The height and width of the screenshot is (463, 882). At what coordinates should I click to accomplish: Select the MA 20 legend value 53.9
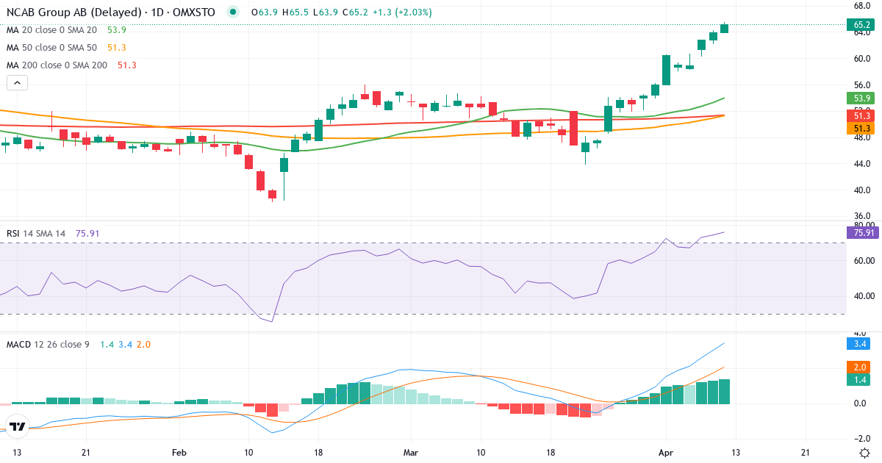point(117,30)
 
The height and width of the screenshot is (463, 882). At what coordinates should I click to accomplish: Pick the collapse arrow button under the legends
point(17,83)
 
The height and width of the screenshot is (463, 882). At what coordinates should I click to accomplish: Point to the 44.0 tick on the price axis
point(862,163)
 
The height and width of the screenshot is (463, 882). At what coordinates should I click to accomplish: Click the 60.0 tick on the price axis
point(862,59)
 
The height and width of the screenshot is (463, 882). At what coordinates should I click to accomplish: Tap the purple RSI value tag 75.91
point(861,233)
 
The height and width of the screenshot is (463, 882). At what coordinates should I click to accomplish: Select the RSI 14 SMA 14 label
point(36,234)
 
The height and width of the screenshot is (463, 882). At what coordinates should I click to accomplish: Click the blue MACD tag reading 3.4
point(858,343)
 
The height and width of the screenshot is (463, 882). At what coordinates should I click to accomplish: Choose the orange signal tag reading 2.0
point(858,367)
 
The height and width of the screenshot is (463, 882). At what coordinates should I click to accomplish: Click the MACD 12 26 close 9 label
point(48,344)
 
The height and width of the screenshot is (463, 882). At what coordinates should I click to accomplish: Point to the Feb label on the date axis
point(179,453)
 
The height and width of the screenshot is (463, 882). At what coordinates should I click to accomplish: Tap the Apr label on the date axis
point(665,453)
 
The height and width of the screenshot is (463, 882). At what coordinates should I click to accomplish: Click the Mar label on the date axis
point(410,453)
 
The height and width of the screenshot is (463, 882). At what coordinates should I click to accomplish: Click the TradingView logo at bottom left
point(18,426)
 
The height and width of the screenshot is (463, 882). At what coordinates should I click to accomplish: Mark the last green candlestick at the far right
point(725,28)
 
